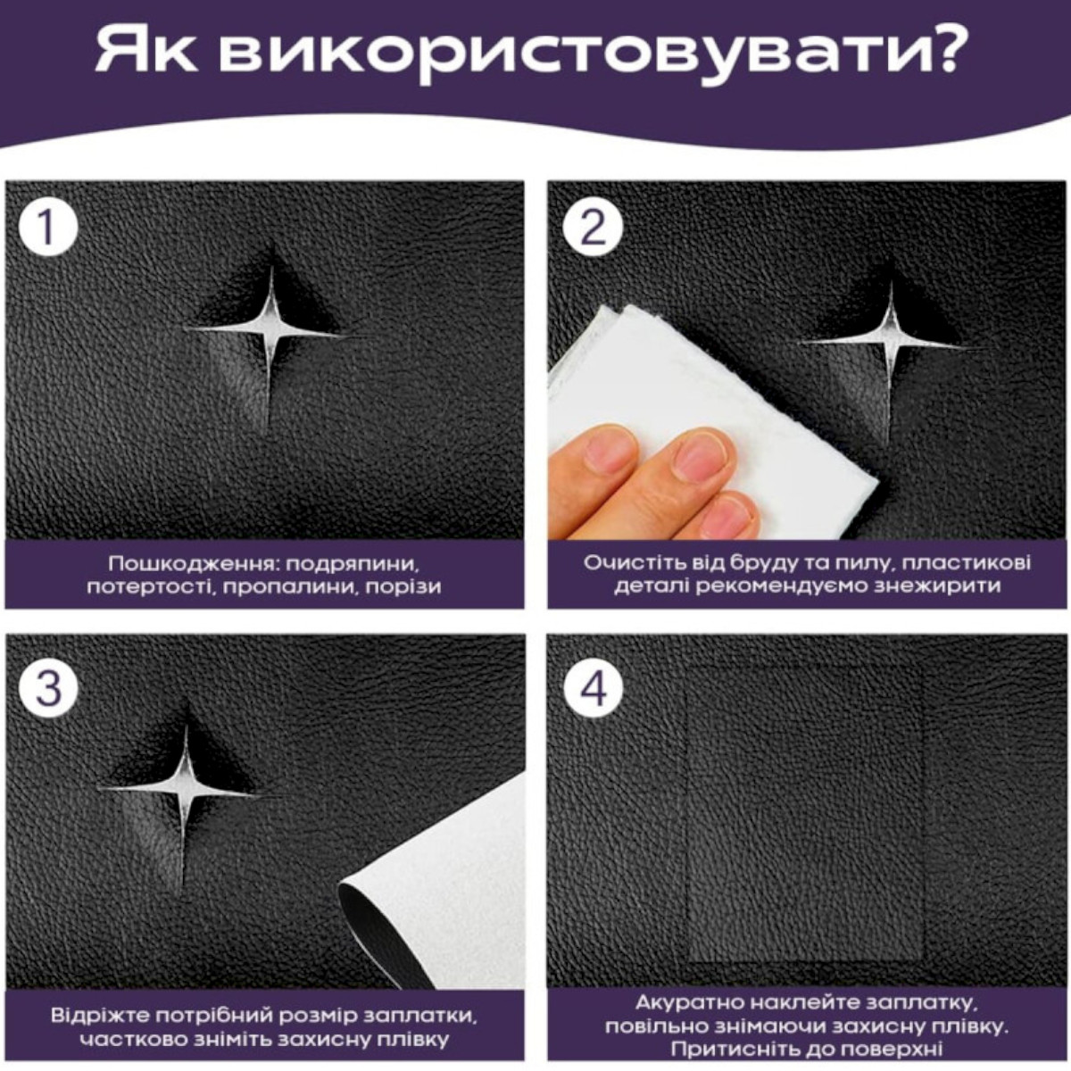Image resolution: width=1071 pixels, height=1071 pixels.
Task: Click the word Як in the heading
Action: point(146,52)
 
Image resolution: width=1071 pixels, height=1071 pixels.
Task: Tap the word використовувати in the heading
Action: point(560,54)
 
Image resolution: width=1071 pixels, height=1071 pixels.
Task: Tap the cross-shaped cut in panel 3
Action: point(185,790)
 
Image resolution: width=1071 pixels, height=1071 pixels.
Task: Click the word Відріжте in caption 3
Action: point(102,1017)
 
